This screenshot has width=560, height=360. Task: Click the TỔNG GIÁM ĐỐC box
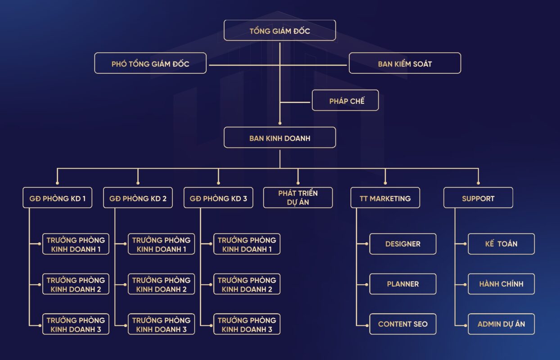tap(280, 31)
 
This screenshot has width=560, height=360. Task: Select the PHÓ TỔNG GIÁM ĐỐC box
tap(150, 63)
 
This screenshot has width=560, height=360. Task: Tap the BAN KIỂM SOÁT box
tap(405, 63)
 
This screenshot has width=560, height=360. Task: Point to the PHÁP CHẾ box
tap(346, 101)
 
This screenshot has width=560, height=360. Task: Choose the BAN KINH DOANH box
tap(280, 138)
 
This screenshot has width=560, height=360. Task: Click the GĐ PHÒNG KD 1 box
tap(58, 198)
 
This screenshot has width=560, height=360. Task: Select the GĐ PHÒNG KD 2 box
tap(138, 198)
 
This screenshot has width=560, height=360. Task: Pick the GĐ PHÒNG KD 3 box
tap(218, 198)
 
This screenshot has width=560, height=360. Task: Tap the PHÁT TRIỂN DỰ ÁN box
tap(298, 198)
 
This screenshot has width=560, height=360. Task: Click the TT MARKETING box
tap(385, 198)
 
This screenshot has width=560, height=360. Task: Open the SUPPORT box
tap(478, 198)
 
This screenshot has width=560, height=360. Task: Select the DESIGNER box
tap(403, 244)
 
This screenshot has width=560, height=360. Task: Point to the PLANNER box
tap(403, 284)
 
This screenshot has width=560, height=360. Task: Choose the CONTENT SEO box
tap(403, 324)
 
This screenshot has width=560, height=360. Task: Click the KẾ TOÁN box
tap(501, 244)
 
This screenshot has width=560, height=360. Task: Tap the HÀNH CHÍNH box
tap(501, 284)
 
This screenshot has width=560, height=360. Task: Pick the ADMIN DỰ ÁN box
tap(501, 324)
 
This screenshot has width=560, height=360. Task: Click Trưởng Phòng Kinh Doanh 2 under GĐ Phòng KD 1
tap(76, 284)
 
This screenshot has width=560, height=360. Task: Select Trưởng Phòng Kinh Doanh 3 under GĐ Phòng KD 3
tap(247, 324)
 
